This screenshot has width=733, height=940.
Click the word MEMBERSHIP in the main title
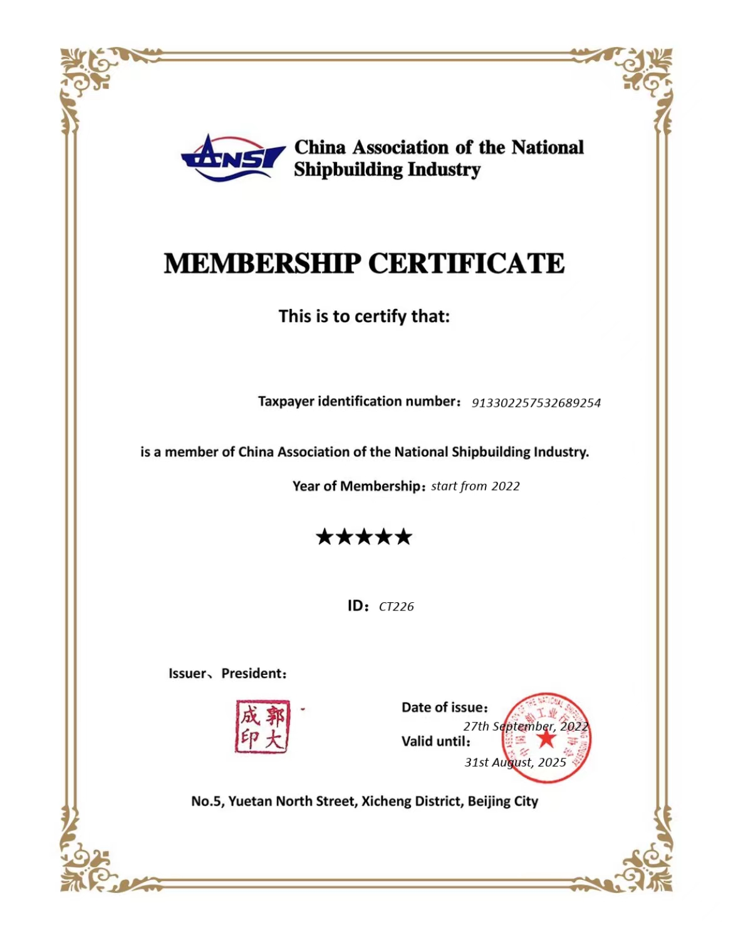coord(263,263)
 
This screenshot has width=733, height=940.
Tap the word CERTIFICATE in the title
coord(466,263)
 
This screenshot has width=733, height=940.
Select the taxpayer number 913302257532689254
coord(536,403)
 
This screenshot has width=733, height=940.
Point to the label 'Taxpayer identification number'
coord(358,401)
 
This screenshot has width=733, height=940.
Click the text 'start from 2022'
coord(475,486)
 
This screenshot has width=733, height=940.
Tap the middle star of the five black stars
coord(364,536)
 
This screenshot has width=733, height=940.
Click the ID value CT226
coord(396,607)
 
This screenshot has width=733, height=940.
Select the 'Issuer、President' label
coord(227,674)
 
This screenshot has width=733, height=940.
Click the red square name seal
coord(263,727)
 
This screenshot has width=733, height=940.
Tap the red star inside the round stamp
coord(546,739)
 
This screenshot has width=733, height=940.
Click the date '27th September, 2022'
coord(526,726)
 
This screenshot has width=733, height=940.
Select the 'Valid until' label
coord(435,741)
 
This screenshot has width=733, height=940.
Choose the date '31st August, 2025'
coord(515,763)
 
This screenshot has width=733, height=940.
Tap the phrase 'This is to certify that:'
coord(364,316)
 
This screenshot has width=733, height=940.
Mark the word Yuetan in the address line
coord(250,802)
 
